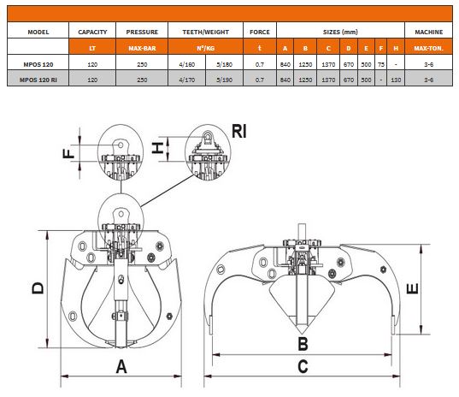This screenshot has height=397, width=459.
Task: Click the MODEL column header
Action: tap(38, 32)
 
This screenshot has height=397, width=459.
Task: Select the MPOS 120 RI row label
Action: tap(38, 80)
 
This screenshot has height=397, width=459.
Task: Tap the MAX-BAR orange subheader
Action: tap(142, 48)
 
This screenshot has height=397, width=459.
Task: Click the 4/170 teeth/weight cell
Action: tap(186, 80)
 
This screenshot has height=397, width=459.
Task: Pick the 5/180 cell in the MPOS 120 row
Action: tap(224, 64)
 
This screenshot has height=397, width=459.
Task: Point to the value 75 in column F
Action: tap(381, 64)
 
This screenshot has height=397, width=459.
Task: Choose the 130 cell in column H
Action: tap(396, 80)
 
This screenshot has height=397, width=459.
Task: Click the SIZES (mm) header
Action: tap(340, 32)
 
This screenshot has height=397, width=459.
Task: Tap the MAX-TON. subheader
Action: tap(428, 48)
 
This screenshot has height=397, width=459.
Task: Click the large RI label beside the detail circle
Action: tap(239, 131)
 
